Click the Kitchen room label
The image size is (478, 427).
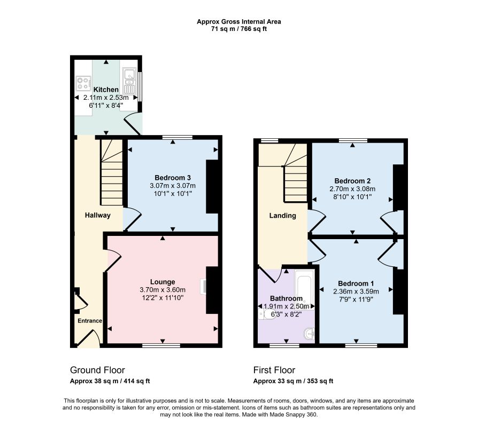[106, 90]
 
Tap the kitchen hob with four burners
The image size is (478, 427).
[83, 83]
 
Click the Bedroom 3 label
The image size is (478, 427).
[173, 177]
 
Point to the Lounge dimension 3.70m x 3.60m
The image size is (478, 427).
[163, 290]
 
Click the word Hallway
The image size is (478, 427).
[97, 215]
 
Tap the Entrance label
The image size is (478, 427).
[90, 321]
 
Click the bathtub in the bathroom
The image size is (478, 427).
[304, 290]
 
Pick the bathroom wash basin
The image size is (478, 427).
[309, 334]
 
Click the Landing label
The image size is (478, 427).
[283, 216]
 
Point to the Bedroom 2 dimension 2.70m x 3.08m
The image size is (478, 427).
[352, 189]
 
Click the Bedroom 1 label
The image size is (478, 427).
[356, 283]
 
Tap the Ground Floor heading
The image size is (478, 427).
[97, 370]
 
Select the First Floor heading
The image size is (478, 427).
[274, 370]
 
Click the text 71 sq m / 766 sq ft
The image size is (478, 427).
[239, 29]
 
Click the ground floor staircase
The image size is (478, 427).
[112, 172]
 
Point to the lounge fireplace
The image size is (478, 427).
[213, 290]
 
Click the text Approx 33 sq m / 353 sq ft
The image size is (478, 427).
[293, 381]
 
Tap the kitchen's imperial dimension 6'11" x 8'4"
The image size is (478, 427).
[106, 105]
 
